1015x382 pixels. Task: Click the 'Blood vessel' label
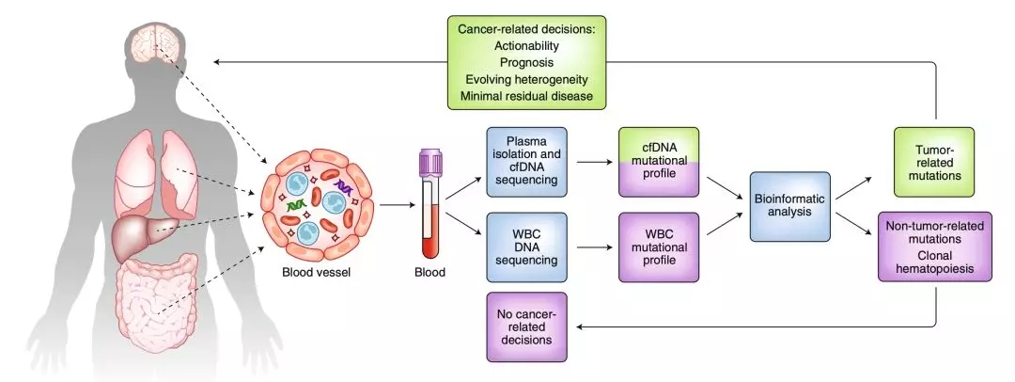point(314,274)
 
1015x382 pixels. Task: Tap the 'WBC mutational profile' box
point(659,247)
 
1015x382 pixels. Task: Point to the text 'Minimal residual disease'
point(527,96)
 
